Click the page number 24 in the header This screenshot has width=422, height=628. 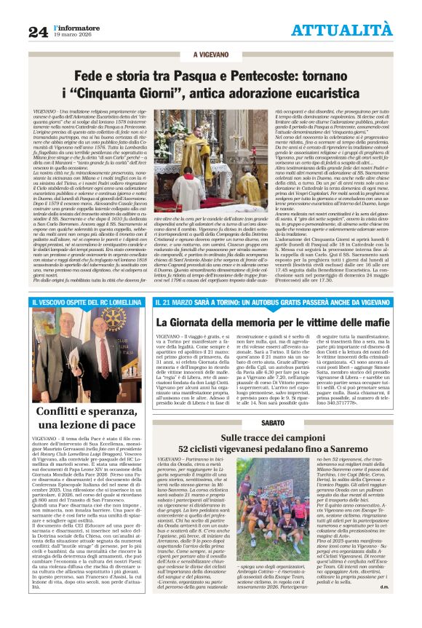[38, 31]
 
